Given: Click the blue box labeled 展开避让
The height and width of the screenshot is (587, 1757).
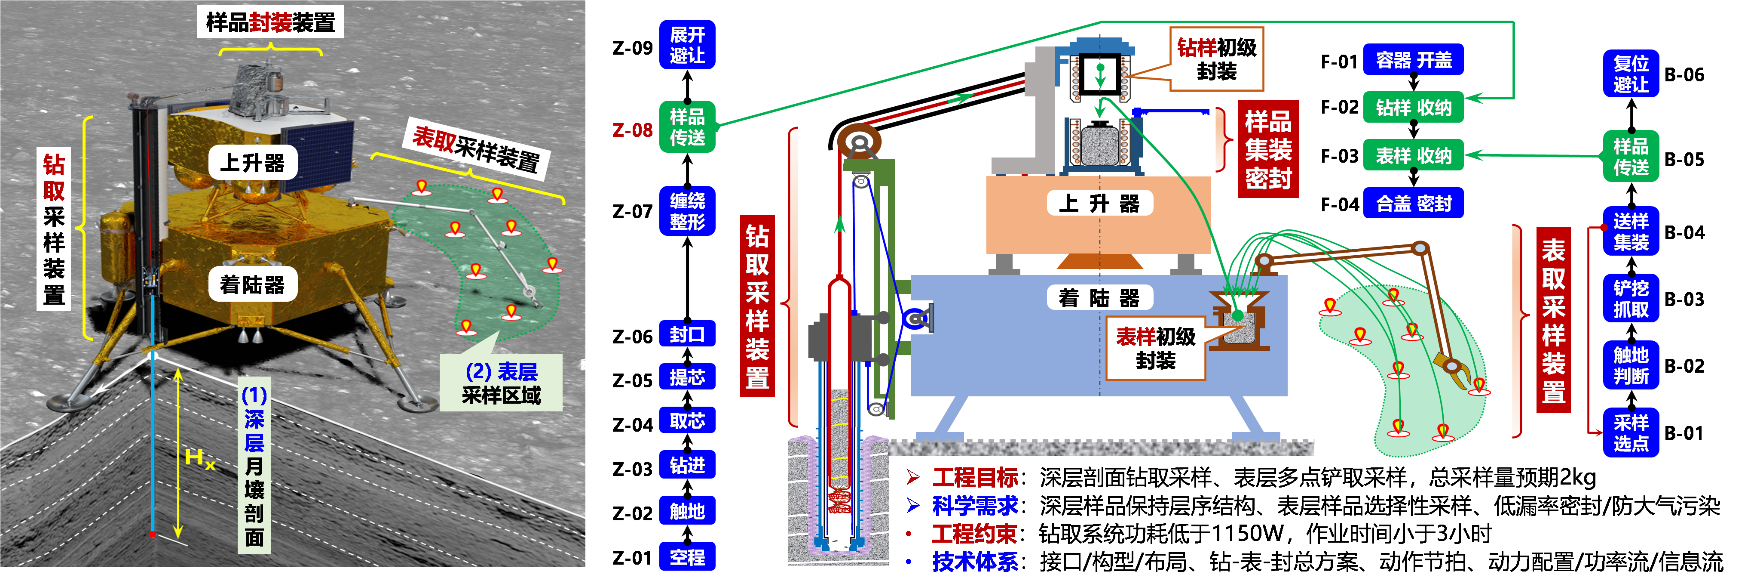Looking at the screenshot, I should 687,44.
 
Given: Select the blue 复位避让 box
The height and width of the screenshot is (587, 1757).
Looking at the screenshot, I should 1630,74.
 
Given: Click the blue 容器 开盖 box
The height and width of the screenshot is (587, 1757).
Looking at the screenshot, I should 1413,60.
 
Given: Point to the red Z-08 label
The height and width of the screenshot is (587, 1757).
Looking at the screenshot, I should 632,130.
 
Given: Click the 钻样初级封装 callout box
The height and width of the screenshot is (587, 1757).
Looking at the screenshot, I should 1216,59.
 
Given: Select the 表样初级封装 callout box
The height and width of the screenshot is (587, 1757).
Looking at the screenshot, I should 1155,348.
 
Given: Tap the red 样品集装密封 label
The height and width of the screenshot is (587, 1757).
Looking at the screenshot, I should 1267,149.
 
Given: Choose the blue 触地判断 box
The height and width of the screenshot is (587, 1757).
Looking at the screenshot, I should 1630,365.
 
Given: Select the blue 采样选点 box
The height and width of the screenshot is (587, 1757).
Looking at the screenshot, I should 1630,433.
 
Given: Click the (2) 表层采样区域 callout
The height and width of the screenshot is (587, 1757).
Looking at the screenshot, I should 501,383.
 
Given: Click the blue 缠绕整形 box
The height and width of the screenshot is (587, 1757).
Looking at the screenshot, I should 687,211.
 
